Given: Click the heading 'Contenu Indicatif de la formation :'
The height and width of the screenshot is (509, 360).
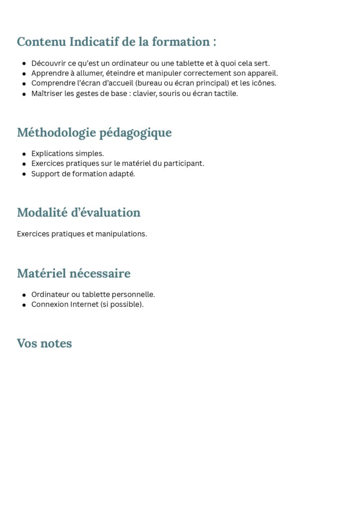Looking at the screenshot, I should point(116,42).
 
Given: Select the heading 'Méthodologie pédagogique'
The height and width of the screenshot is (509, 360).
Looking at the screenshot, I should point(94,133).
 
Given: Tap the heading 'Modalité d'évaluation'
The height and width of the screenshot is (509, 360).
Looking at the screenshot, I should point(79,213).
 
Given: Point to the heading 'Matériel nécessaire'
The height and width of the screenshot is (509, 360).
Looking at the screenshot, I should point(74,273).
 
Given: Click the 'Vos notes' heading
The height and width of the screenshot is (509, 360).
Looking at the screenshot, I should point(44,343).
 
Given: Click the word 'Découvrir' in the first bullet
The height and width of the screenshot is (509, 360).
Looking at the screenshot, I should point(48,63).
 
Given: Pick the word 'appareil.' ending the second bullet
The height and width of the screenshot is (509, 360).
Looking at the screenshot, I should point(262,73).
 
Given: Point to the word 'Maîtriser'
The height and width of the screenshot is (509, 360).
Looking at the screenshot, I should point(47,93).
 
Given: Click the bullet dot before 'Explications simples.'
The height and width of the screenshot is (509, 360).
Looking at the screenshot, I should point(24,154).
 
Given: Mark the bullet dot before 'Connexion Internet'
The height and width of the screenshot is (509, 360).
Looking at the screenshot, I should point(24,305).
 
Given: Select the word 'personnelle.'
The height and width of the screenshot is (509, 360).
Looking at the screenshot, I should point(133,294).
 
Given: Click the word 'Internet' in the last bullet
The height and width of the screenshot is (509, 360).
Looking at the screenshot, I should point(84,304).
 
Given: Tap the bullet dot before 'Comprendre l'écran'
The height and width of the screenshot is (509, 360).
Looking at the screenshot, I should point(24,84).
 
